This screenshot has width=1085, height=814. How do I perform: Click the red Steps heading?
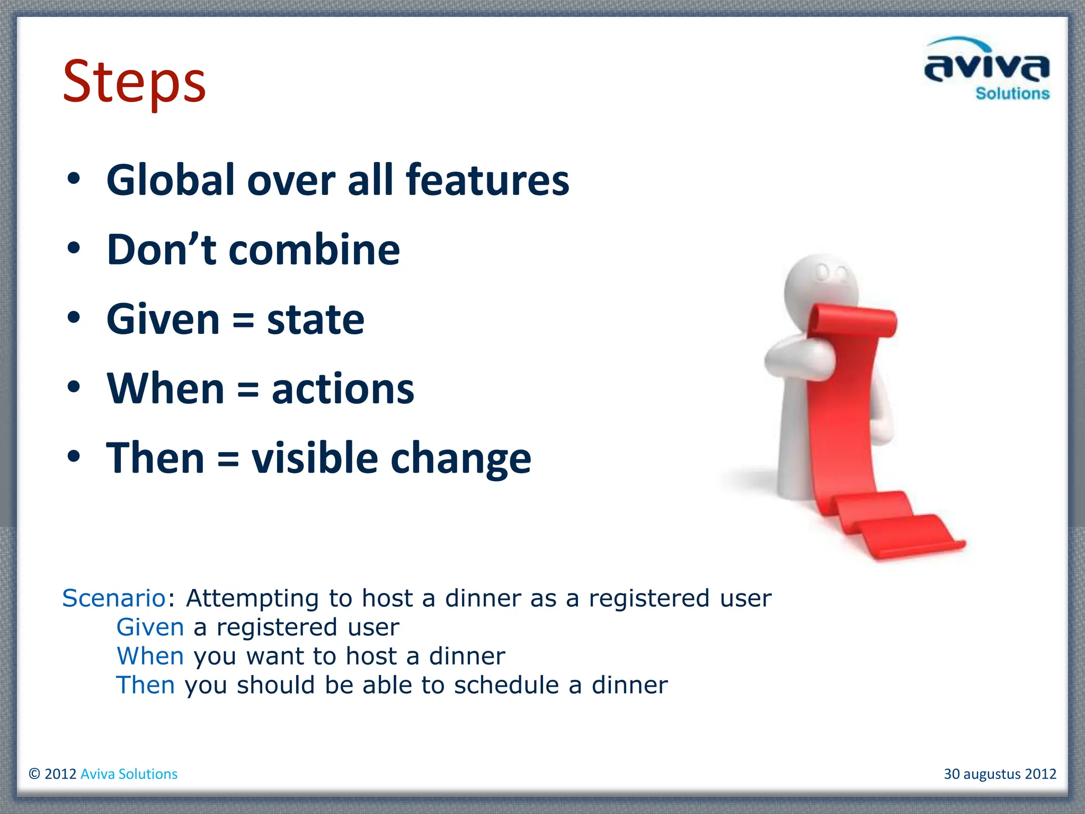point(134,83)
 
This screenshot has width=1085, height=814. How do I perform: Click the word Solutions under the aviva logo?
point(1012,94)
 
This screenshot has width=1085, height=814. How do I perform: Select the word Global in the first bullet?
point(171,180)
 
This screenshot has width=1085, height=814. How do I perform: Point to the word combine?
point(314,250)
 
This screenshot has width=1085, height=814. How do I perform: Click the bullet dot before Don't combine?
point(74,247)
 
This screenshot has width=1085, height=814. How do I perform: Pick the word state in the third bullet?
point(316,320)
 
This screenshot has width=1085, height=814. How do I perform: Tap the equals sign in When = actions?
point(248,390)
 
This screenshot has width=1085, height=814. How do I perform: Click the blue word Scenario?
point(114,598)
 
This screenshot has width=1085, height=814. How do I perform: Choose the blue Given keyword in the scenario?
point(150,627)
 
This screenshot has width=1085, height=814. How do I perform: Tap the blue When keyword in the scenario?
point(150,656)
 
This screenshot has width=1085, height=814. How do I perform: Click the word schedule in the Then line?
point(506,685)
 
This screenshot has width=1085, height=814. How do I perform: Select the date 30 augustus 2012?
point(1000,774)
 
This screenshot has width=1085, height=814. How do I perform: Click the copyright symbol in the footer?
point(34,774)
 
